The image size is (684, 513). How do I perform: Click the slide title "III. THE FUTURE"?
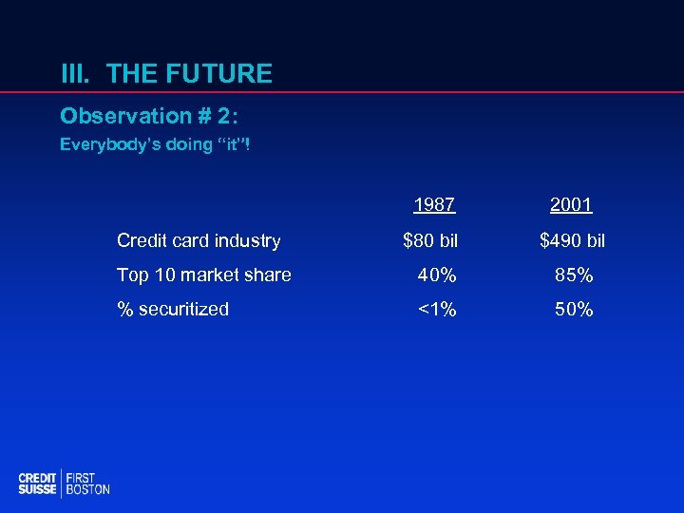point(166,74)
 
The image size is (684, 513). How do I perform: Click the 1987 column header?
point(434,205)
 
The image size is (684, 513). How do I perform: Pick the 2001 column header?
point(572,205)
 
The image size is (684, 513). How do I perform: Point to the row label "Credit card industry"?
point(199,241)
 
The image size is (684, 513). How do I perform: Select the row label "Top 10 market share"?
point(203,275)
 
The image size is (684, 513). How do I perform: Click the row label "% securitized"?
point(172,309)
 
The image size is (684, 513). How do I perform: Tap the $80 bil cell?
point(430,241)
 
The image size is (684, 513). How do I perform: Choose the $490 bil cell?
point(572,241)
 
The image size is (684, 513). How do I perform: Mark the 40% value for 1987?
point(437,275)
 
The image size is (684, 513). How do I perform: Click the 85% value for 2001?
point(574,275)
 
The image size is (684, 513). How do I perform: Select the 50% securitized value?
point(574,309)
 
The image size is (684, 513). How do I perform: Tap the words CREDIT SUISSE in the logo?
point(38,484)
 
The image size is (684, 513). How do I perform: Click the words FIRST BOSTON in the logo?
point(87,484)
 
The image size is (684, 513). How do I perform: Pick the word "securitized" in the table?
point(183,309)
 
